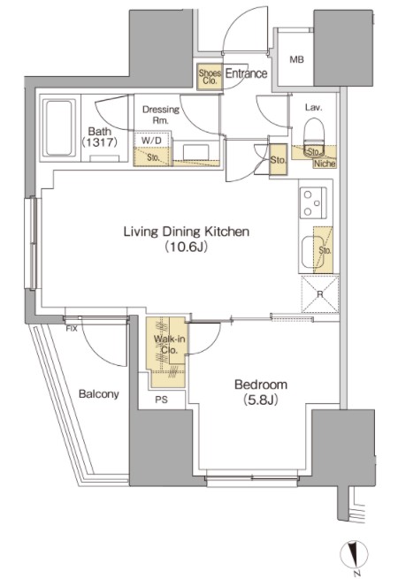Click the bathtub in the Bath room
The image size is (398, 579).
point(58,128)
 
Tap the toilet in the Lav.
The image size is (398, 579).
point(314,137)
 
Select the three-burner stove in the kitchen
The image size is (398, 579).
point(313,202)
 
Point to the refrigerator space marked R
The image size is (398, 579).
point(320,294)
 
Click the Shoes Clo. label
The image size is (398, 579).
point(210,77)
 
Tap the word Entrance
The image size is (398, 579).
point(246,73)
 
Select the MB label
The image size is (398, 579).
point(296,59)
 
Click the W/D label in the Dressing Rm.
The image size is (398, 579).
point(151,141)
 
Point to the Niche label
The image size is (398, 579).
point(325,164)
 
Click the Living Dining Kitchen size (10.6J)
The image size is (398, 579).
point(187,247)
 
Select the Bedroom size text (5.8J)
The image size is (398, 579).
point(261,400)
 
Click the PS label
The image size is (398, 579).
point(161,400)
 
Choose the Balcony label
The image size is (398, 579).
point(99,394)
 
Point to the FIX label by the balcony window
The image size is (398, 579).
point(72,329)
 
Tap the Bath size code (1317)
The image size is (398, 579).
point(100,141)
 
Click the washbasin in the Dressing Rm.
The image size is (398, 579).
point(195,152)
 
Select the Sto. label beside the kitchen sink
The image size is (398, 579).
point(325,250)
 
